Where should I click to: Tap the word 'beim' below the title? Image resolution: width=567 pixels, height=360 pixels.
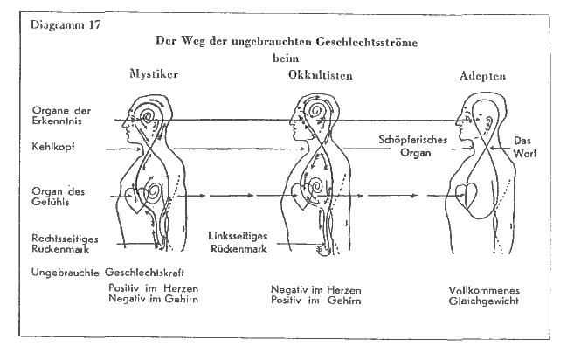pos(280,59)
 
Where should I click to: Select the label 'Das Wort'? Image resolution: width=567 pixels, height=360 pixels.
pos(525,146)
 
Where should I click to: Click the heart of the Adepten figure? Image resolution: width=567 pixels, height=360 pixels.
pos(473,198)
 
